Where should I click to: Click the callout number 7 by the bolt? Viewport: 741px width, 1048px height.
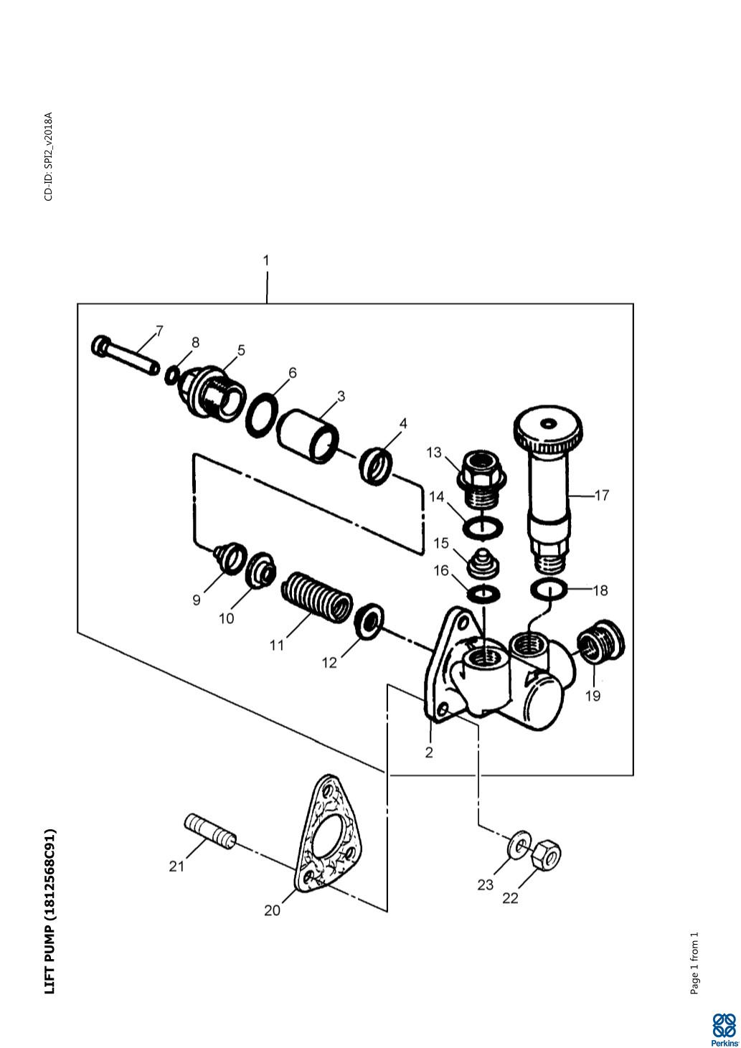click(x=159, y=331)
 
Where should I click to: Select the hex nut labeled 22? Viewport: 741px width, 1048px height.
click(x=547, y=855)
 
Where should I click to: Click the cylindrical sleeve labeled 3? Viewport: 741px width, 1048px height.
click(x=308, y=436)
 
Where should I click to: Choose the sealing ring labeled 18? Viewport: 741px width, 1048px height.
click(x=549, y=589)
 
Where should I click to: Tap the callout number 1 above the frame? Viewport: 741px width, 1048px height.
click(x=266, y=260)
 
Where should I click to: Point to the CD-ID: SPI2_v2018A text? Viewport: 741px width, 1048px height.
click(x=49, y=156)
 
